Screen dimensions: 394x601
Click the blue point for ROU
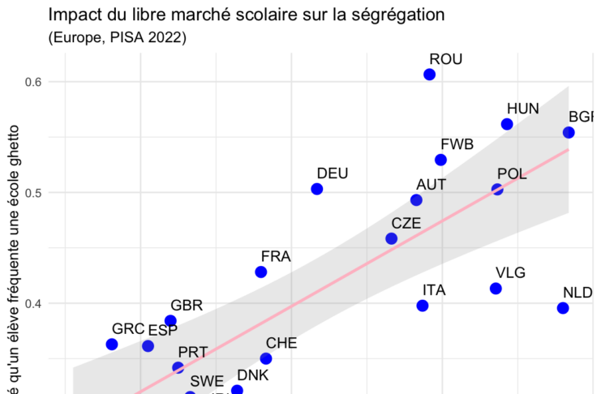[x=430, y=75]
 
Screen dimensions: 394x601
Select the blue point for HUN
[x=507, y=124]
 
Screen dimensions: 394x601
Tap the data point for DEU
[x=317, y=189]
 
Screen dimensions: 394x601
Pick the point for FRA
[x=261, y=272]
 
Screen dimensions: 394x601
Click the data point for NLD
[x=563, y=308]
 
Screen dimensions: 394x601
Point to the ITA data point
[x=423, y=306]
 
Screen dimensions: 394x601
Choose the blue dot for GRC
[x=112, y=345]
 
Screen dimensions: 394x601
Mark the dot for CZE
[x=392, y=239]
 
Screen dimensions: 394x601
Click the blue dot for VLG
[x=496, y=289]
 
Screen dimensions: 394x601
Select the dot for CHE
[x=266, y=358]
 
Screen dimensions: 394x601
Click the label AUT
[x=431, y=184]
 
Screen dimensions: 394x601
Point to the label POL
[x=513, y=173]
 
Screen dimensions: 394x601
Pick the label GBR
[x=187, y=306]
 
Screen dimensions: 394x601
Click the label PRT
[x=193, y=352]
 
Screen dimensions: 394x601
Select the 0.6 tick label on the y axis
[x=33, y=82]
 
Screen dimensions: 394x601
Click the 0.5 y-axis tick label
[x=33, y=193]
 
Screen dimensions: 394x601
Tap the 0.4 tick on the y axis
[x=33, y=304]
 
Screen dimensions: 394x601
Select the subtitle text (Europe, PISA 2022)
[x=118, y=37]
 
